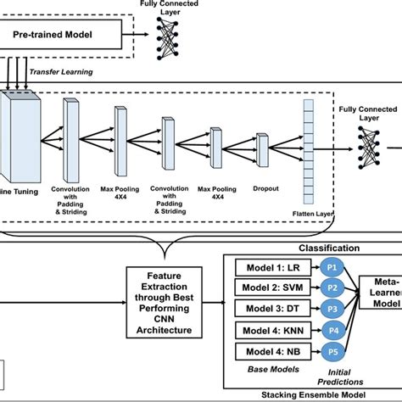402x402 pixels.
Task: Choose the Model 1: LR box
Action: (269, 265)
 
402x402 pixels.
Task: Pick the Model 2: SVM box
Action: (269, 287)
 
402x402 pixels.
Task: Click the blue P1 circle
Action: (332, 265)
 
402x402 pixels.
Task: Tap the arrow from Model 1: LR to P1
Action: (311, 265)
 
